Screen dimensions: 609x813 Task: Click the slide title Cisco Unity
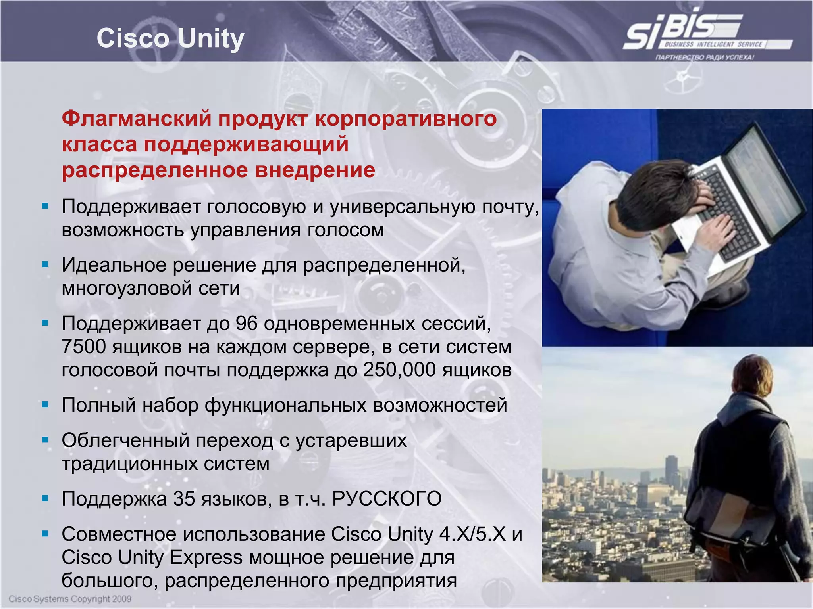point(170,39)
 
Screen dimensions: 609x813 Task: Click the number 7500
point(83,347)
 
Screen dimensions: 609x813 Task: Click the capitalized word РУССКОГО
point(386,499)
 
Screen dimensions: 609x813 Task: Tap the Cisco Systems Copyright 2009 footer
point(70,599)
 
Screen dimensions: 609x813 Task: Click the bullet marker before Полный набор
point(45,405)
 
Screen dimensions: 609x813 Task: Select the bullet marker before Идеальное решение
point(45,264)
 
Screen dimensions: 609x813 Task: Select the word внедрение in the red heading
point(315,170)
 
